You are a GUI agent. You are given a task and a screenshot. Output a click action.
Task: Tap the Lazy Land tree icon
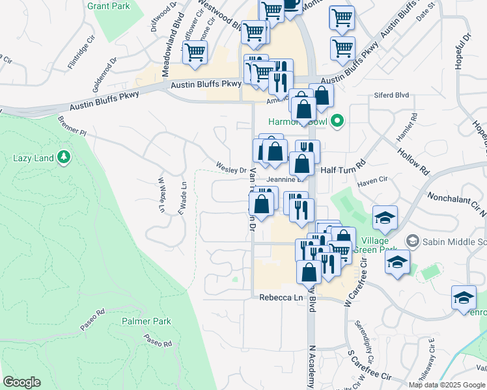pos(64,157)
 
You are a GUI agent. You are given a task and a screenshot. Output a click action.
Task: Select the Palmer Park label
pos(146,321)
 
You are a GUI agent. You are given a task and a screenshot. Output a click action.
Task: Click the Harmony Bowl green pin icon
pos(337,120)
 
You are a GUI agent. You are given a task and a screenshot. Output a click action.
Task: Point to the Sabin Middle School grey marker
pos(412,241)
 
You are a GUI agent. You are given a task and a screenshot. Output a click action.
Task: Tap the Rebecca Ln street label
pos(282,297)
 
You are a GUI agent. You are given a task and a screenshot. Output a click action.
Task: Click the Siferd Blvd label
pos(391,96)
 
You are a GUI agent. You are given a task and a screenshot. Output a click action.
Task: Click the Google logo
pos(21,382)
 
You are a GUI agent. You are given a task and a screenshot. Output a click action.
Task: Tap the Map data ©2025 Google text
pos(446,385)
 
